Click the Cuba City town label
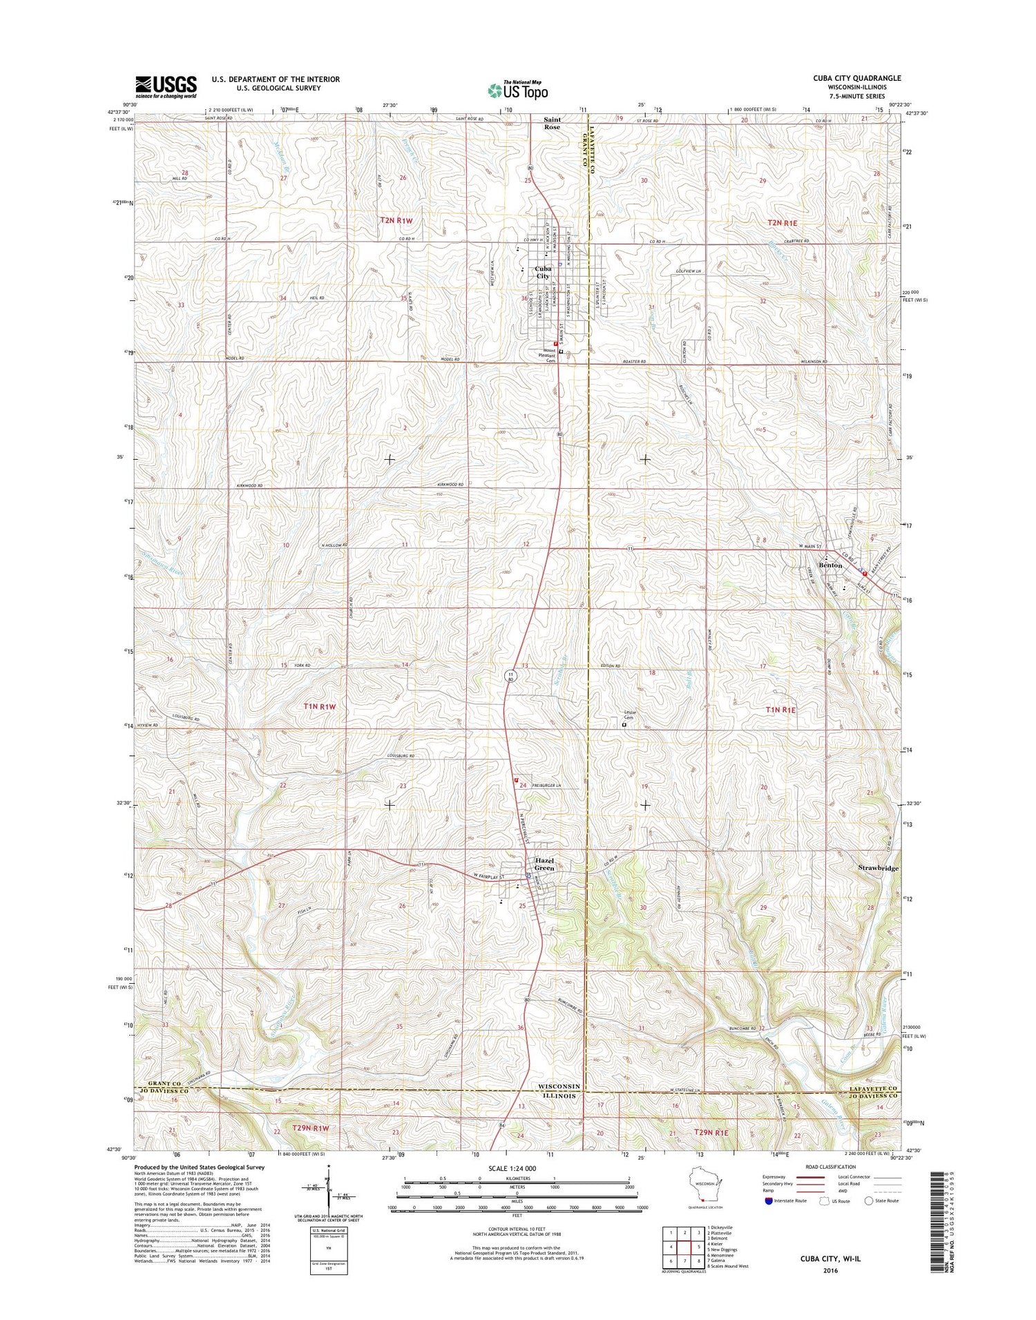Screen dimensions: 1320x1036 click(543, 272)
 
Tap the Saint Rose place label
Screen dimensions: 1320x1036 click(551, 123)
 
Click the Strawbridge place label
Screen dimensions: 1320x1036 click(878, 868)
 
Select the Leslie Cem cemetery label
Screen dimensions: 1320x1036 click(629, 715)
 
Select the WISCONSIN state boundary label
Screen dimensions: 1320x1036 click(560, 1086)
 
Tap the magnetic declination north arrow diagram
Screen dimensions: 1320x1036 click(329, 1190)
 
